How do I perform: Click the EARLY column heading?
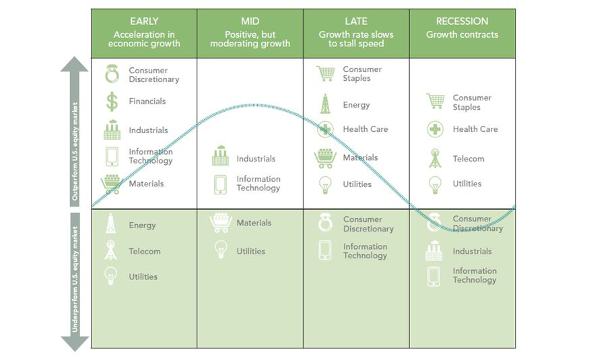click(144, 22)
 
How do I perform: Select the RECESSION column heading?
click(462, 22)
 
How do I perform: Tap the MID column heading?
click(250, 22)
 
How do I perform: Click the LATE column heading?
click(356, 22)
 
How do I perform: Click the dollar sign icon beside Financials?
click(112, 102)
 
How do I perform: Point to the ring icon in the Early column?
click(112, 74)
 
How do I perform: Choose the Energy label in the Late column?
click(356, 105)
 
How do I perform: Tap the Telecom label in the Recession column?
click(469, 159)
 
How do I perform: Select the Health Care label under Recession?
click(475, 129)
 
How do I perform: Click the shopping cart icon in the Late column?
click(325, 73)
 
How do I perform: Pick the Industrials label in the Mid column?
click(256, 159)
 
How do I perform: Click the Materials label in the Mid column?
click(254, 223)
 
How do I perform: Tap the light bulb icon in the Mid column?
click(221, 249)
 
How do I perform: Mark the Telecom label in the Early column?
click(145, 252)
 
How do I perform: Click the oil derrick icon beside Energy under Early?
click(110, 223)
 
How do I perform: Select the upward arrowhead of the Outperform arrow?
click(75, 64)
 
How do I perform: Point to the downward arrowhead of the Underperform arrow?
click(75, 343)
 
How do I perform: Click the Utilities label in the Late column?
click(357, 184)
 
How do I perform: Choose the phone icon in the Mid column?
click(221, 184)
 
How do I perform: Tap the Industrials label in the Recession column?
click(472, 252)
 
